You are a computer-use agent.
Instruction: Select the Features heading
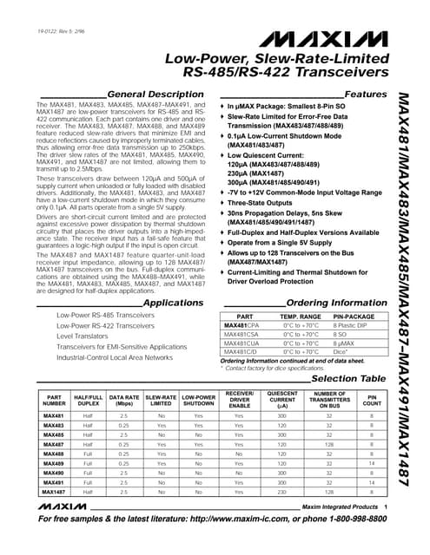coord(365,94)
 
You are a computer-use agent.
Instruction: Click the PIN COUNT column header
coord(372,400)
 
